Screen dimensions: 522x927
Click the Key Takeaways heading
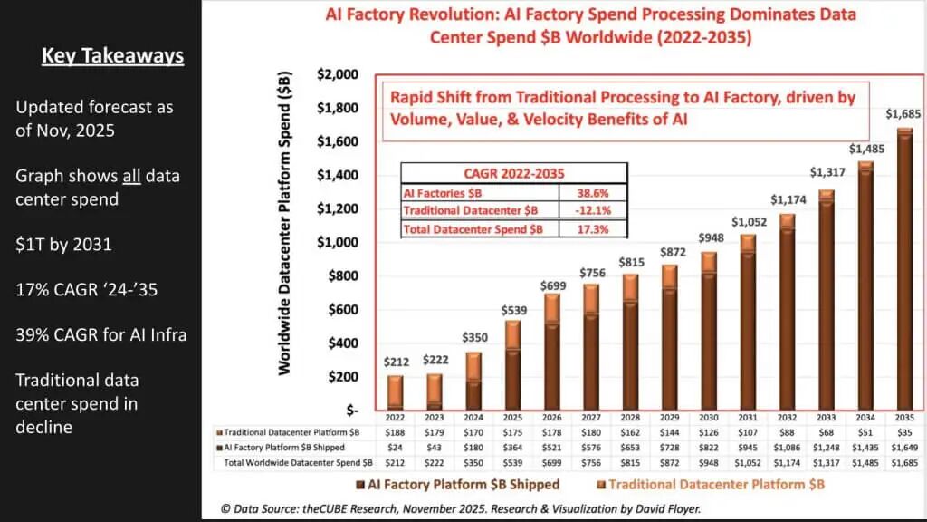pyautogui.click(x=113, y=56)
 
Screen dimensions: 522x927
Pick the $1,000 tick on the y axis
pyautogui.click(x=336, y=242)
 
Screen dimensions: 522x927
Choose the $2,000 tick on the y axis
pyautogui.click(x=336, y=74)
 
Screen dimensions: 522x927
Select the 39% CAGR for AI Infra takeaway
pyautogui.click(x=100, y=334)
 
